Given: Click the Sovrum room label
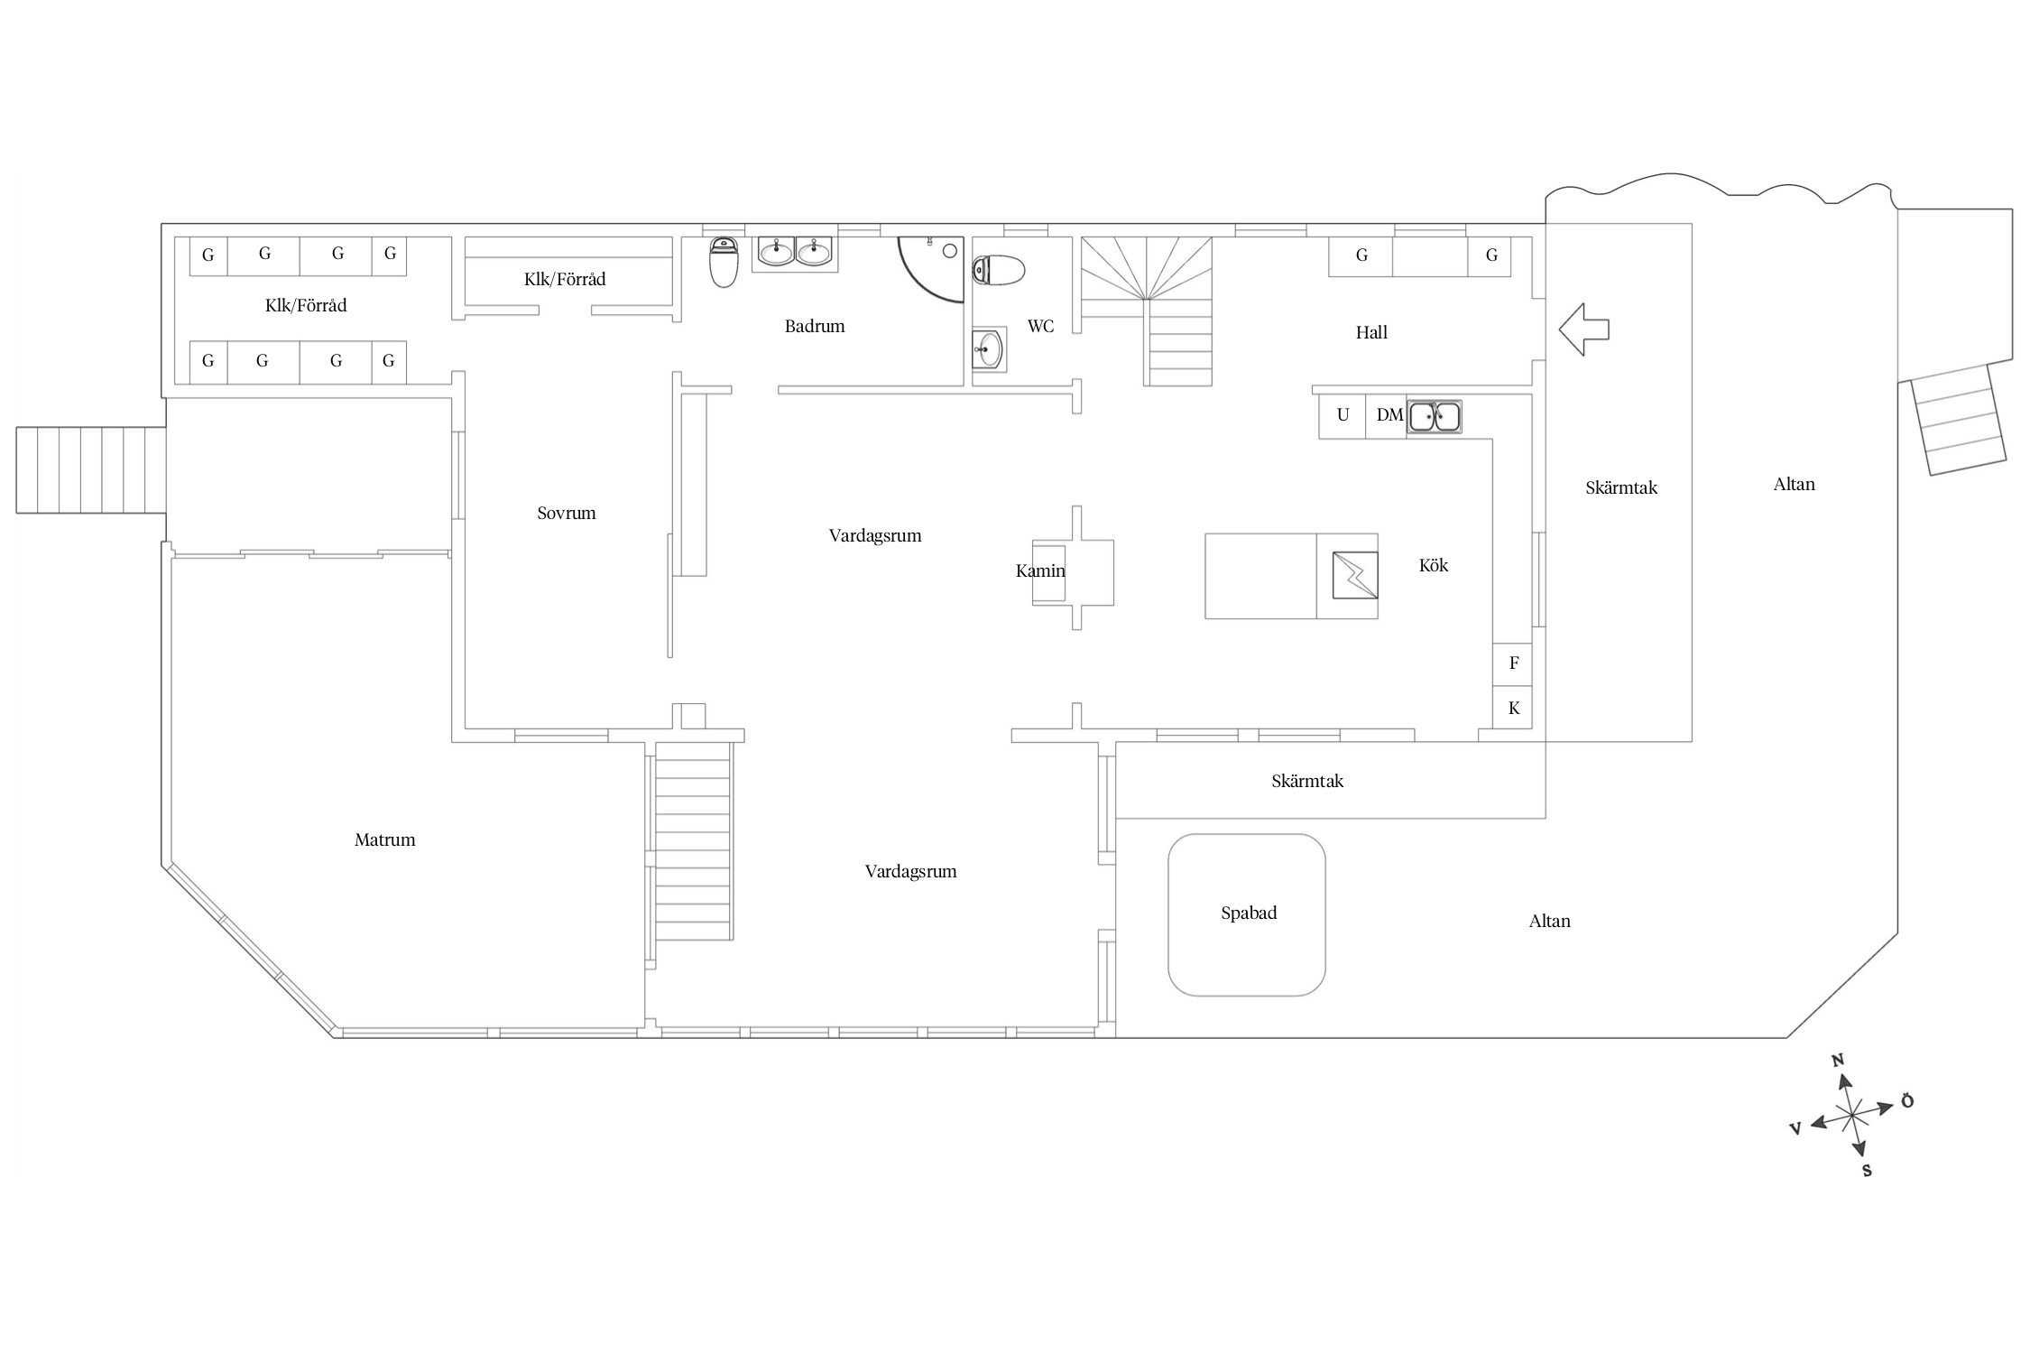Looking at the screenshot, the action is (567, 514).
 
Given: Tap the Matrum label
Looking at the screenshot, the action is (385, 840).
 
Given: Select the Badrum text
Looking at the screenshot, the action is (815, 327).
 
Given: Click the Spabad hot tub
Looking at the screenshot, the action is (1247, 914).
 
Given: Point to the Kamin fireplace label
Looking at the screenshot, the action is (1040, 571).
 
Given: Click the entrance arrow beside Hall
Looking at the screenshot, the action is (1584, 329).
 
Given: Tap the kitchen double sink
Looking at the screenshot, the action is (1434, 417).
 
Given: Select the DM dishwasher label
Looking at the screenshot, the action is (1389, 415).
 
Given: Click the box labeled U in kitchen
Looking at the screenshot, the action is (1343, 416).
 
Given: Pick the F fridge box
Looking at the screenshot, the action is (1513, 663).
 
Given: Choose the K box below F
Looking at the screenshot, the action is (1513, 709).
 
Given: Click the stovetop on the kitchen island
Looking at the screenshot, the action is (1355, 575).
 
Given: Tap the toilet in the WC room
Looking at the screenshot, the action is (999, 270).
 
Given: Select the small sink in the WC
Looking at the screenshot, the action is (988, 348).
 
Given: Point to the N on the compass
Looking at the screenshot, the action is (1838, 1061).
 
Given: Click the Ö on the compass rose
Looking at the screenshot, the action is (1906, 1100).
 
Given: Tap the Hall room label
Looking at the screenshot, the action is (1371, 333).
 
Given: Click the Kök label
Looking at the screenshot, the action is (1434, 566).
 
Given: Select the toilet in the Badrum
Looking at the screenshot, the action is (724, 263).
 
